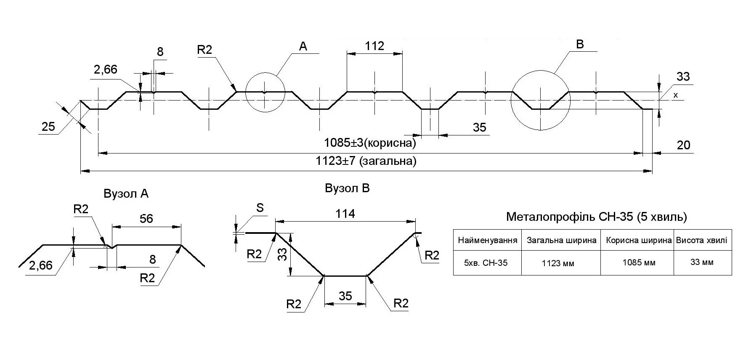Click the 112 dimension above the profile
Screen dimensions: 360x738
(x=374, y=46)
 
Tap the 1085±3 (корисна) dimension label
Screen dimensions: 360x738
(x=370, y=143)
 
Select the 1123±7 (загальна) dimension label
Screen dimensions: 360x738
(x=366, y=161)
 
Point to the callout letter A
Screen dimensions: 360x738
(x=303, y=47)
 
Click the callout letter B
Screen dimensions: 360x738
(x=580, y=45)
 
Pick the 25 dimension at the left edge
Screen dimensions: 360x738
(x=48, y=126)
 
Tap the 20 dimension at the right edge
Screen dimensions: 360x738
(x=683, y=145)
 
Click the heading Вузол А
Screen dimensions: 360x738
(x=126, y=194)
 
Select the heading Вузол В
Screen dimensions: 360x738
(x=347, y=188)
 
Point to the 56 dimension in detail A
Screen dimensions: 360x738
(x=146, y=219)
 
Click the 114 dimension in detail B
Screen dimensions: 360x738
(x=345, y=214)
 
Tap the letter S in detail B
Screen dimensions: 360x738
(x=260, y=208)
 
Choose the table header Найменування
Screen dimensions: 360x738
(x=487, y=241)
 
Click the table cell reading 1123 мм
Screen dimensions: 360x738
(x=558, y=263)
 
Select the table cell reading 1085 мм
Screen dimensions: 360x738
(x=639, y=262)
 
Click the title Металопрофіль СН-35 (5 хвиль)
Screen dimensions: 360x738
(x=596, y=217)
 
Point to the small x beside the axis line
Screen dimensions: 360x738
(x=676, y=95)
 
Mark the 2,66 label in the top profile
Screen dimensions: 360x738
(x=105, y=69)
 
